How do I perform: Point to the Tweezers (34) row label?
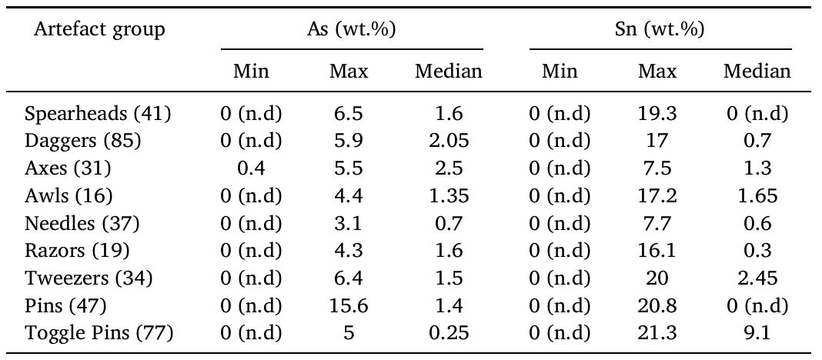(x=89, y=278)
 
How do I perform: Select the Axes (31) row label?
(x=68, y=169)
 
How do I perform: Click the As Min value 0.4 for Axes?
(x=251, y=169)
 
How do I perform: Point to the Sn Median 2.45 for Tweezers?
(x=757, y=278)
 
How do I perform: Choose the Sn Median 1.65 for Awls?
(x=757, y=196)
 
